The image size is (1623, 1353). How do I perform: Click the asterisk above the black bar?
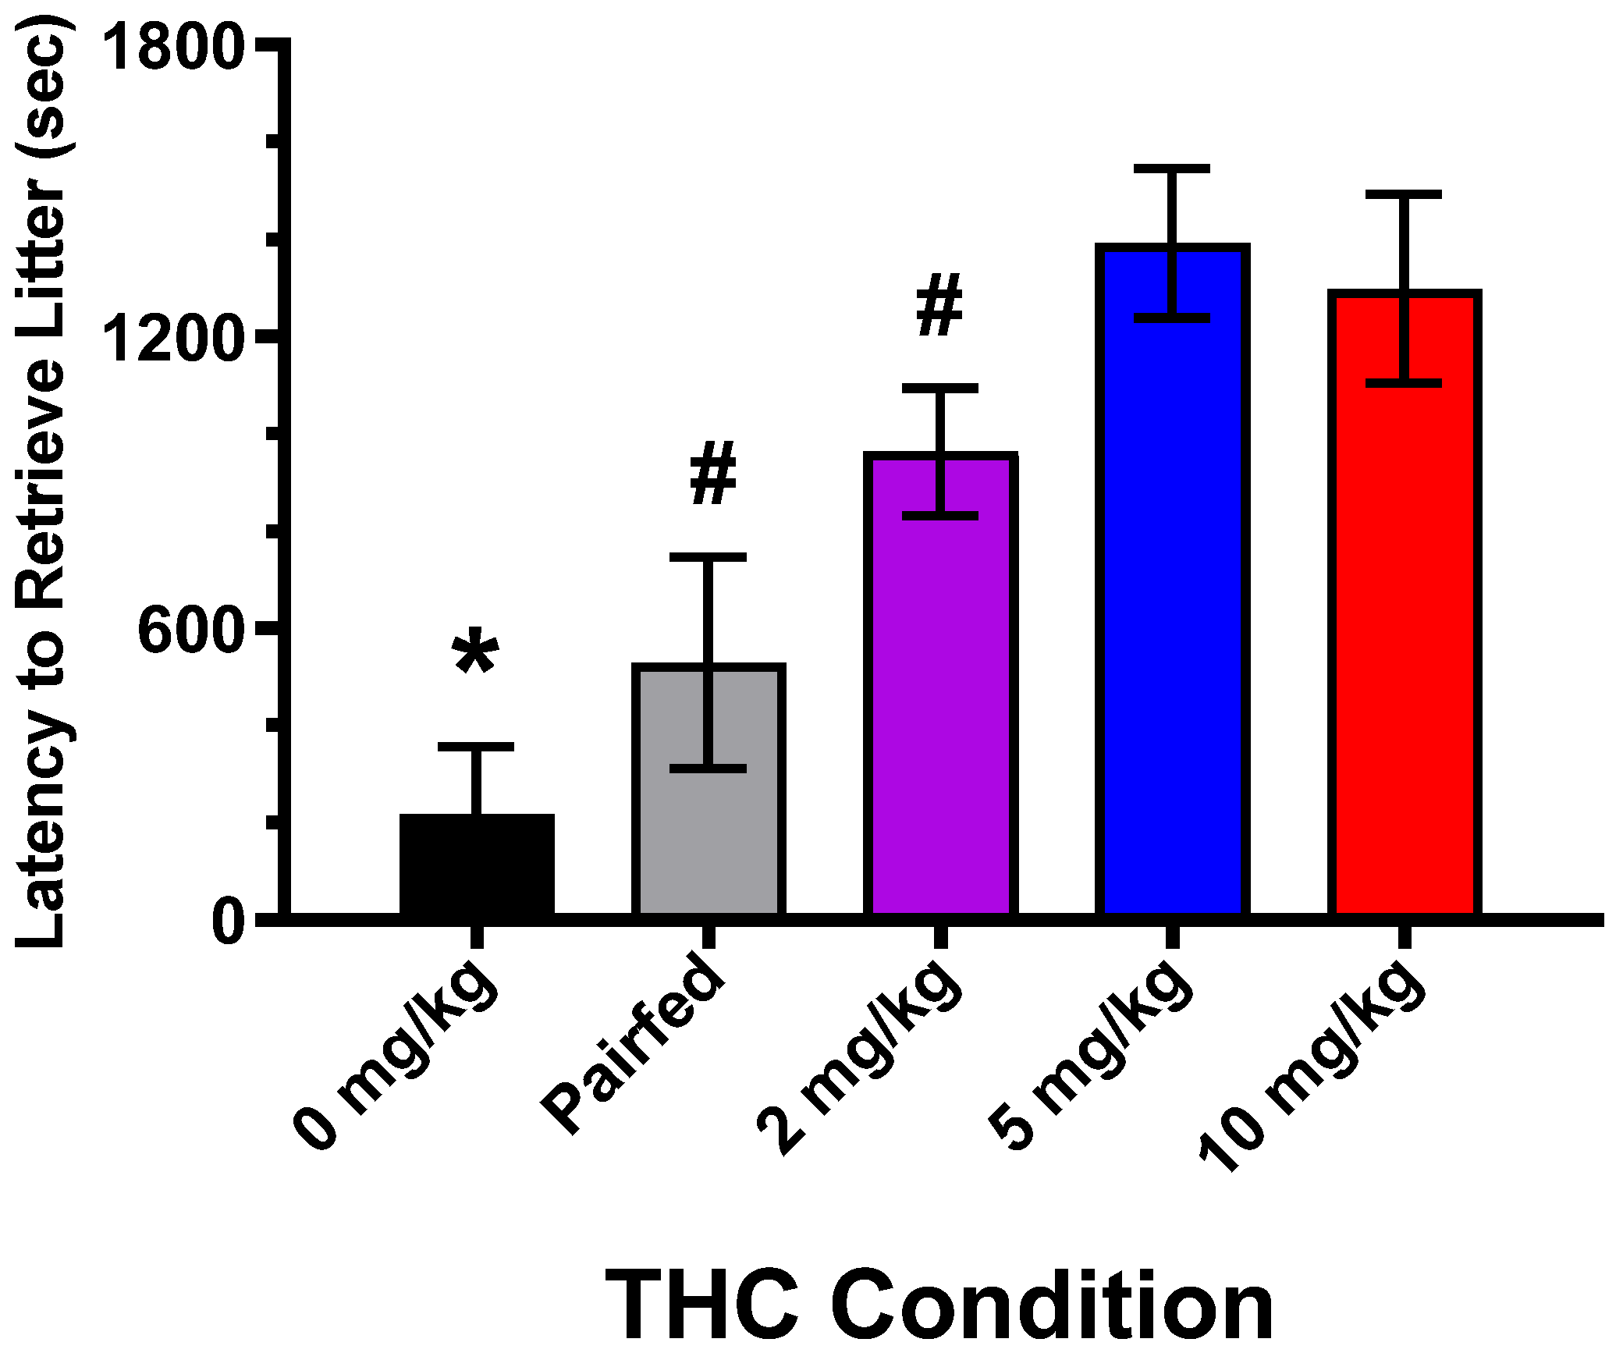pos(475,651)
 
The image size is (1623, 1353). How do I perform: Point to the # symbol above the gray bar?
pos(713,473)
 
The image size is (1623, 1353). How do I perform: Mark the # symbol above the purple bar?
pos(939,305)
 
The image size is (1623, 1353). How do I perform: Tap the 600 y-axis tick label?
pos(187,631)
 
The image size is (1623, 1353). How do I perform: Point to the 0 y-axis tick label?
pos(229,922)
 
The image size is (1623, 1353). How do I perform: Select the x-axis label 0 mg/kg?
pos(398,1061)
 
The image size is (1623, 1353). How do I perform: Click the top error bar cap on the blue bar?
pos(1172,169)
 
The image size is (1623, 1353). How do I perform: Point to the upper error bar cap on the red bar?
pos(1404,194)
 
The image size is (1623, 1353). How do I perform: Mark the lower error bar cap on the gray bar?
pos(708,769)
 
